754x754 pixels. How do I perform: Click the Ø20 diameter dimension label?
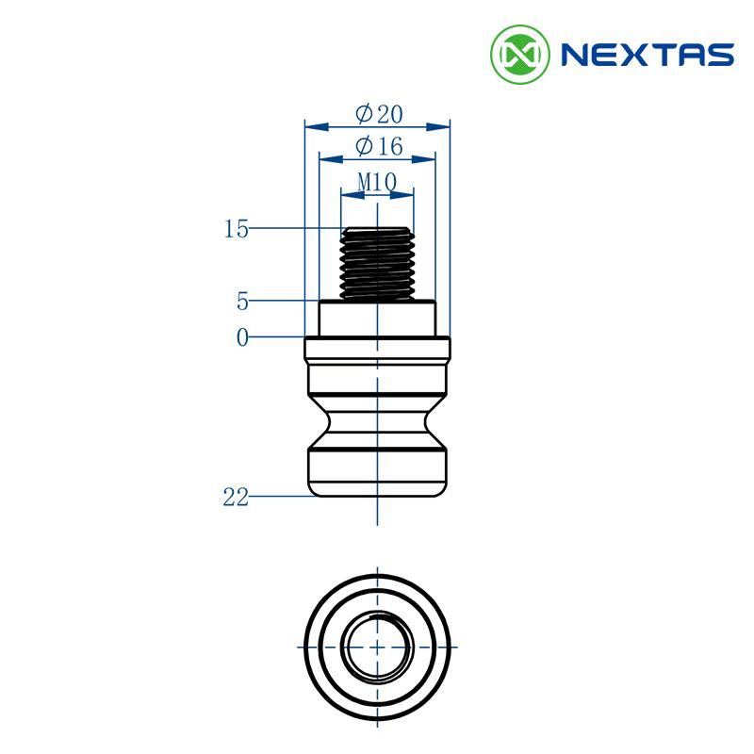click(379, 114)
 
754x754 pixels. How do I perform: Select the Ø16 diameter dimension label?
click(379, 146)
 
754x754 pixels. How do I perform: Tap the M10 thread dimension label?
click(377, 182)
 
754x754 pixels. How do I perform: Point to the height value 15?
click(237, 229)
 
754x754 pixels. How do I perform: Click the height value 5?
click(242, 302)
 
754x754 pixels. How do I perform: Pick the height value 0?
click(242, 337)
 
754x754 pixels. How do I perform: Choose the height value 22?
click(236, 497)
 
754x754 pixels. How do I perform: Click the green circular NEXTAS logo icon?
click(520, 55)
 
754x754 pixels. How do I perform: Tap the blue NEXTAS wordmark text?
click(647, 55)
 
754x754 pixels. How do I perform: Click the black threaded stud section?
click(377, 263)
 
